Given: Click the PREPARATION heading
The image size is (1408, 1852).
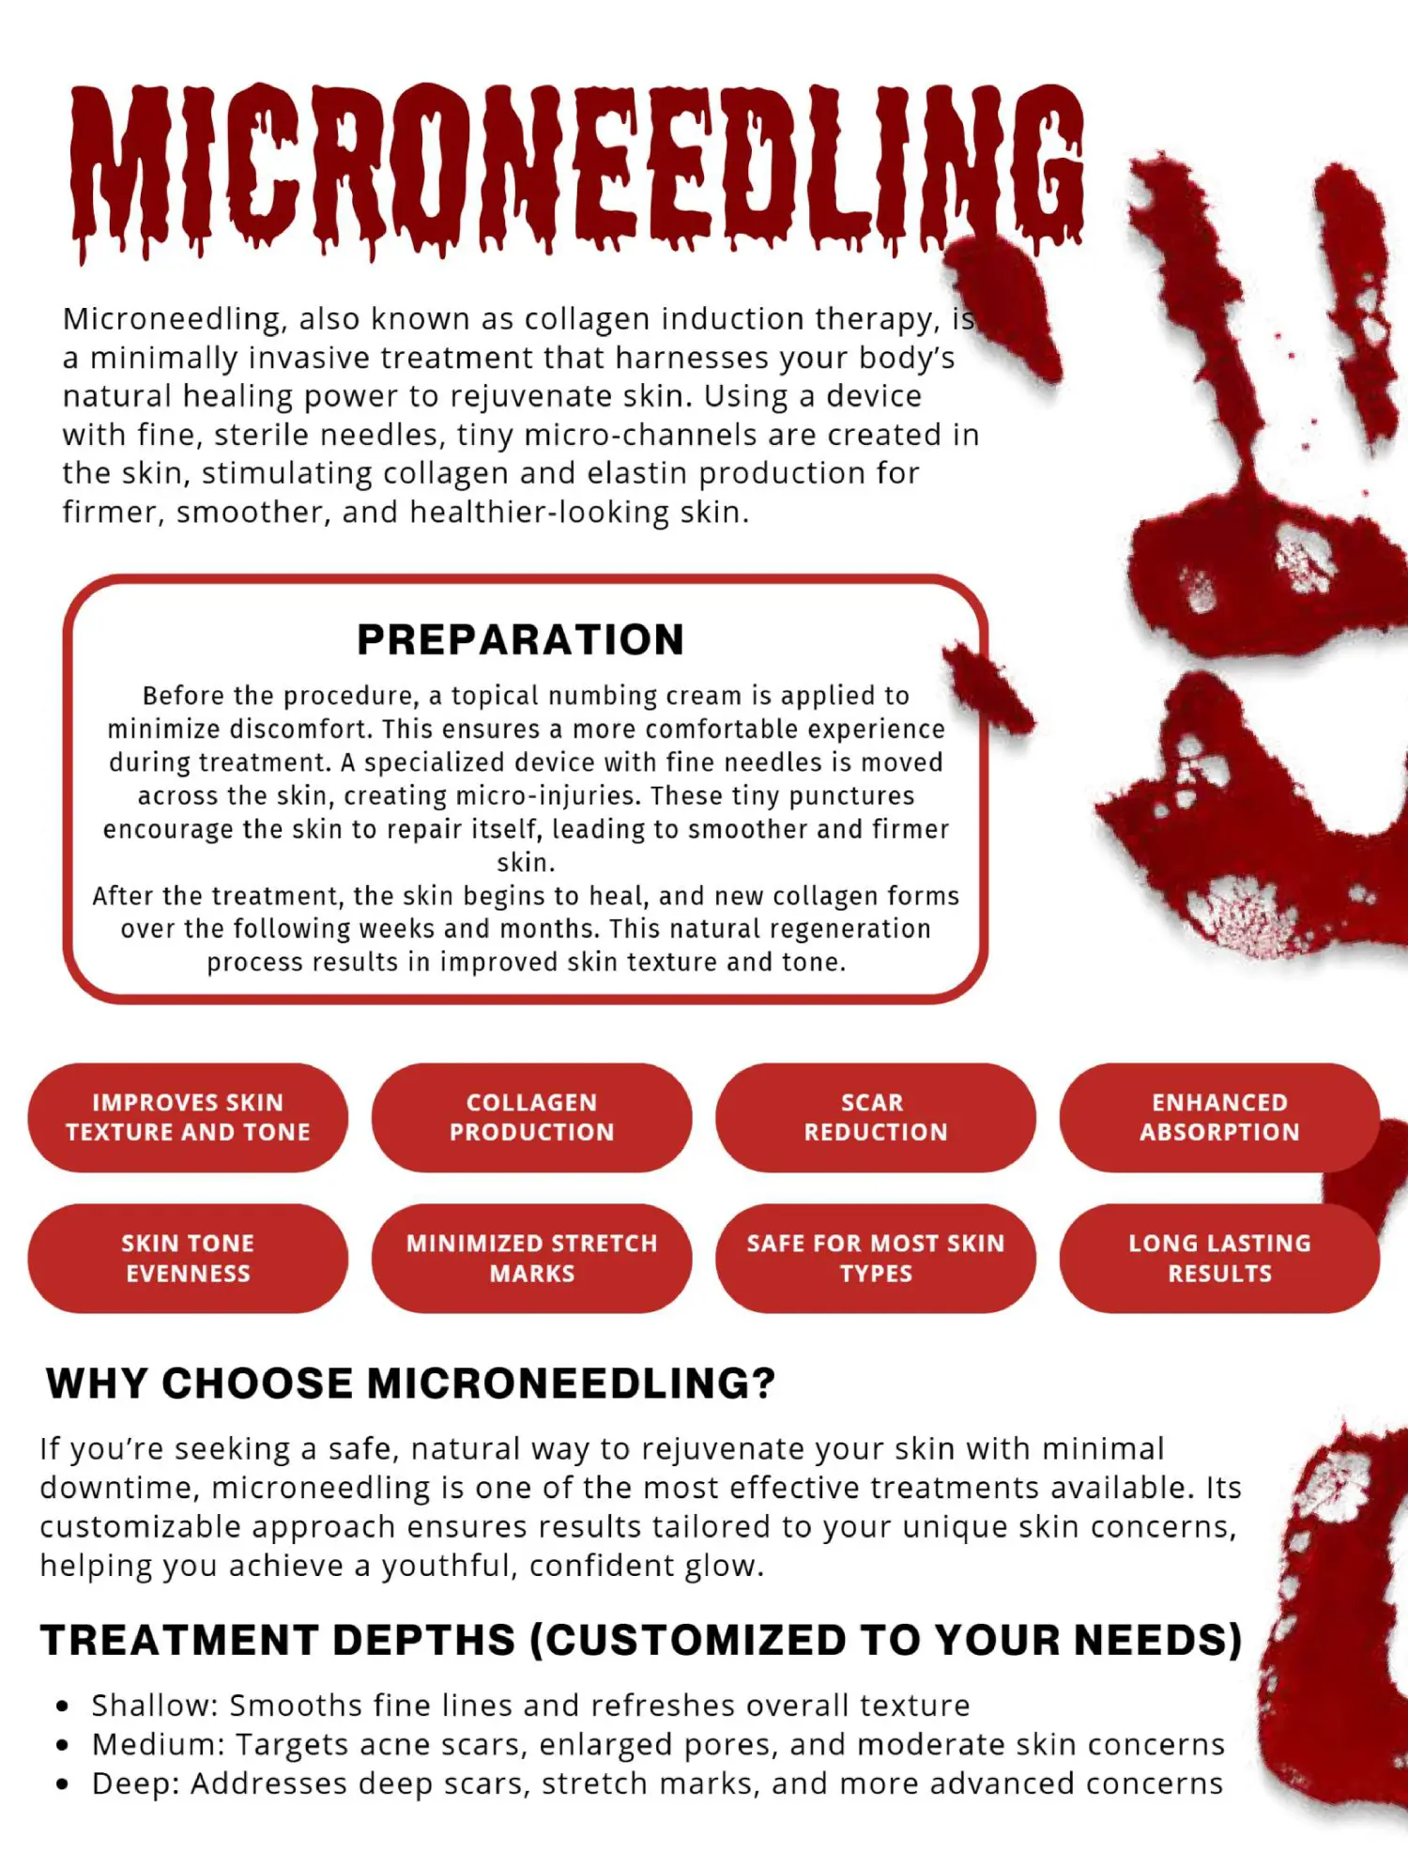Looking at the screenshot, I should point(521,640).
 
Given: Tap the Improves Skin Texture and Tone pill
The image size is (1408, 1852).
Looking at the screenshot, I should point(188,1117).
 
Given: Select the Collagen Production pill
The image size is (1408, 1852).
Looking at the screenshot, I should point(531,1117).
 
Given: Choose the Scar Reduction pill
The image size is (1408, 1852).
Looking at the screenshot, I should point(875,1117).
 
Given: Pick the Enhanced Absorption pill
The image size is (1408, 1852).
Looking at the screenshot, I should point(1218,1117).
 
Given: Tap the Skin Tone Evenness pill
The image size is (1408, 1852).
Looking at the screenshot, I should point(188,1258).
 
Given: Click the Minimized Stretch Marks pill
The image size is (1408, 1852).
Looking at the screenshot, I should point(531,1258).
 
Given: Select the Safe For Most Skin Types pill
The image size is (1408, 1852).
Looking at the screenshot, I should point(875,1258).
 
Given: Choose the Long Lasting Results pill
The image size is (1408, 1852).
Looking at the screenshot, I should point(1218,1258).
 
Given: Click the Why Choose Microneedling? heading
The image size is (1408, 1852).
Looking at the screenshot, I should point(411,1384).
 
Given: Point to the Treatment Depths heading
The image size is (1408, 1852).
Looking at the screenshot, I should point(641,1640).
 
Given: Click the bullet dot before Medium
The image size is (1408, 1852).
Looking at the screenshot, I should point(63,1746).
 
